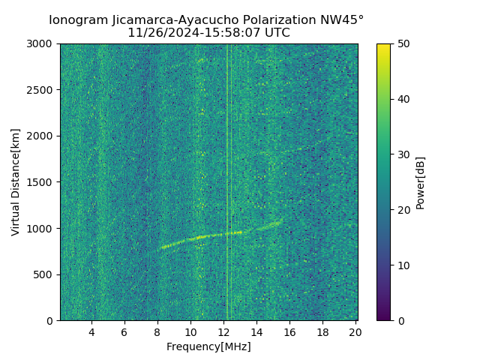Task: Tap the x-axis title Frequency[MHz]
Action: click(208, 346)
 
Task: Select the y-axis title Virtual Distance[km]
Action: click(16, 181)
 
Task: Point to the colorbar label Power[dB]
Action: click(421, 181)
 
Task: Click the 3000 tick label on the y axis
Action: click(42, 43)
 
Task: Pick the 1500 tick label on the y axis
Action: click(42, 182)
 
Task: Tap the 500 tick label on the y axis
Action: click(45, 274)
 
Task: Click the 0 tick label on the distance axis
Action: click(51, 321)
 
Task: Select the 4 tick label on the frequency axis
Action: click(91, 332)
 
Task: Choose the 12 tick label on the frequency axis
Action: click(223, 332)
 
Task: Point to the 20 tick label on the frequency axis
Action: click(355, 332)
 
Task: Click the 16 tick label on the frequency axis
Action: click(289, 332)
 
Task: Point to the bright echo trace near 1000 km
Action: click(217, 235)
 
